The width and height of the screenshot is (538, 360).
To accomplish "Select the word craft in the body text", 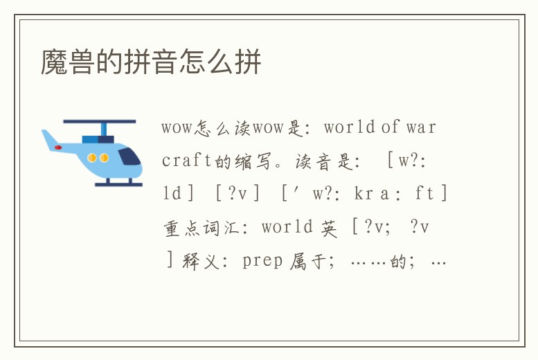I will point(186,161).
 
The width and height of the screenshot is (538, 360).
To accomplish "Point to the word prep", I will point(262,261).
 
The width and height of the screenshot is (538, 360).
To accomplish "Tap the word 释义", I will point(201,261).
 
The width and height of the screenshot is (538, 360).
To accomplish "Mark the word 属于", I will point(307,261).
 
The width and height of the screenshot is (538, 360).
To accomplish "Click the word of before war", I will point(390,127).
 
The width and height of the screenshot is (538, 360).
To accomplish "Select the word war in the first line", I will point(421,127).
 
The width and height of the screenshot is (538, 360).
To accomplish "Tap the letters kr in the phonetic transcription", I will point(363,195).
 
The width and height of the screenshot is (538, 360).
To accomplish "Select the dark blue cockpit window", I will point(129,156).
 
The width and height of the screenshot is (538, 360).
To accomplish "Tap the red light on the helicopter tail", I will point(58,147).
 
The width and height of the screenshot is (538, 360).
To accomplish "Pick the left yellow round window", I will point(92,158).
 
